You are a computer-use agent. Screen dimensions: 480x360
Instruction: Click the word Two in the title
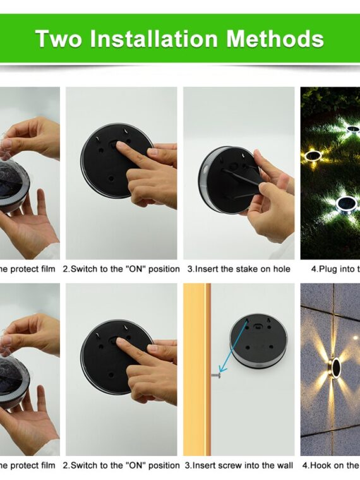(58, 39)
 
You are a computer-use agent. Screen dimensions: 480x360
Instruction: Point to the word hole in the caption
(280, 269)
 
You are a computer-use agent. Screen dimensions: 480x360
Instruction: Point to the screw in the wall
(215, 376)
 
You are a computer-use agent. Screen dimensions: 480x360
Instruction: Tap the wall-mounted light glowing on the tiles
(335, 366)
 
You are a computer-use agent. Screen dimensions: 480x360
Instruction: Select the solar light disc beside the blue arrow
(258, 342)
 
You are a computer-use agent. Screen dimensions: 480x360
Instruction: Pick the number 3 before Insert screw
(187, 465)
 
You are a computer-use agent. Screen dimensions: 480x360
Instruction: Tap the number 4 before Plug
(315, 269)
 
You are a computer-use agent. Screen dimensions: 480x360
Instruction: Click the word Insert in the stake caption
(207, 269)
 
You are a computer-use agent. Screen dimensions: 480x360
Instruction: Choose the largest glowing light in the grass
(345, 203)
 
